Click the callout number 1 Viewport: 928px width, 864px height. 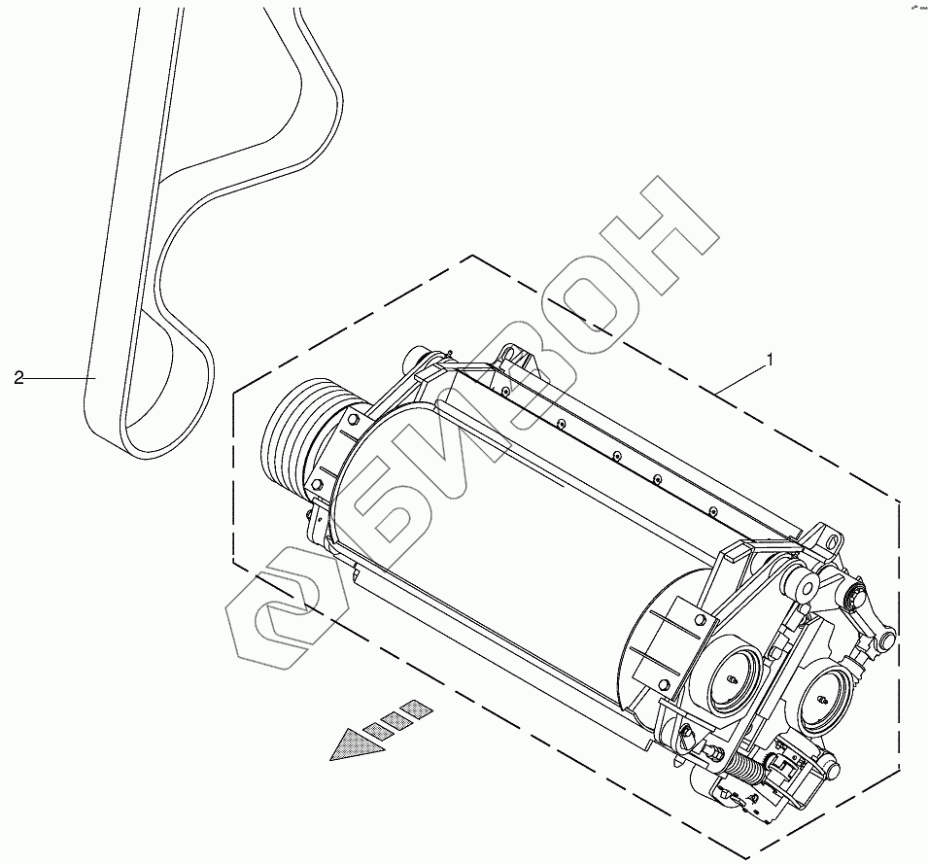771,360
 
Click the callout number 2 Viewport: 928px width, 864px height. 18,377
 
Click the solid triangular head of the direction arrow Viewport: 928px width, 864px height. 351,744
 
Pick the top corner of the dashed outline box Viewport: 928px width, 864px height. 473,256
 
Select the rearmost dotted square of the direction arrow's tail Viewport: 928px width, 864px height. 415,708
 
